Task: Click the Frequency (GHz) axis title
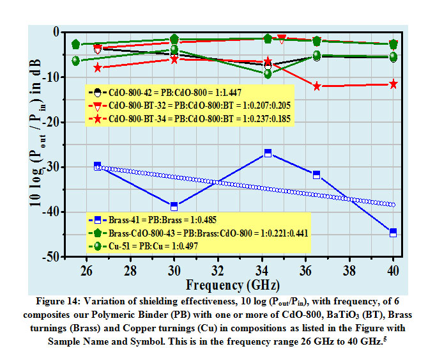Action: pyautogui.click(x=231, y=284)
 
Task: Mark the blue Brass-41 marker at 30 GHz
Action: pyautogui.click(x=174, y=206)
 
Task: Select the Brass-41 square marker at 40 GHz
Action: pyautogui.click(x=393, y=233)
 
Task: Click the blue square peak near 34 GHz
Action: pyautogui.click(x=268, y=153)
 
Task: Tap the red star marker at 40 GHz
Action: pyautogui.click(x=393, y=84)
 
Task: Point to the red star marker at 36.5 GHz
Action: pyautogui.click(x=317, y=86)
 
